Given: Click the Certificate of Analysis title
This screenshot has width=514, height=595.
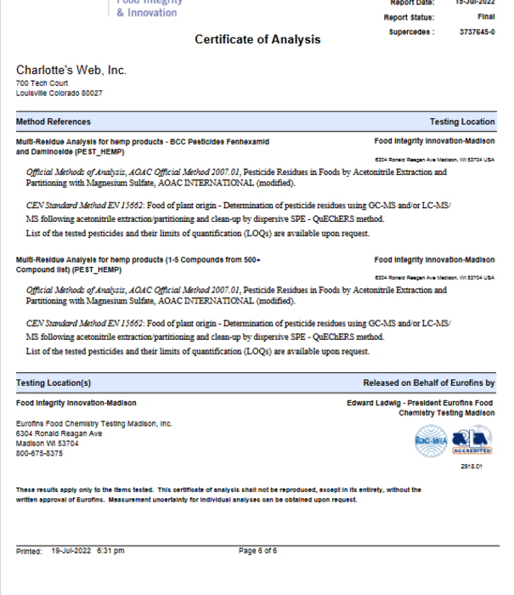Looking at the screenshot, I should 257,39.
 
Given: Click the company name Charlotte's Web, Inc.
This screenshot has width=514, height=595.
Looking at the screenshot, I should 71,70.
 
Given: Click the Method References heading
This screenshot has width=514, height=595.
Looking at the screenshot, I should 53,122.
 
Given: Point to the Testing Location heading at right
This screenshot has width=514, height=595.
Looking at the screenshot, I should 461,122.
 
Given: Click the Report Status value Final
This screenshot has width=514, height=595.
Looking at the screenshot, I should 486,17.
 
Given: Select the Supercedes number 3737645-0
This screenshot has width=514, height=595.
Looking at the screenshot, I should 477,32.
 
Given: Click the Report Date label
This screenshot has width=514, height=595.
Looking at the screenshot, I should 413,3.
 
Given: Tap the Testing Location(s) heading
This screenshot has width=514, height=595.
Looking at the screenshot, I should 53,383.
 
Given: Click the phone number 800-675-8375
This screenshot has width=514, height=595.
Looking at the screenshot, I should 39,453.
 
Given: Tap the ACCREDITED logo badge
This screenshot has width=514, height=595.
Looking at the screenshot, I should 472,440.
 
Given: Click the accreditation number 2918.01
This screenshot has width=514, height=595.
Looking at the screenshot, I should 471,467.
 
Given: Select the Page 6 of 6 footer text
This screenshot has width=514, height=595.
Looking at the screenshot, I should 257,551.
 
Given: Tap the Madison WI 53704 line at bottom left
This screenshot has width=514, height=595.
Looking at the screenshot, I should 48,443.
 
